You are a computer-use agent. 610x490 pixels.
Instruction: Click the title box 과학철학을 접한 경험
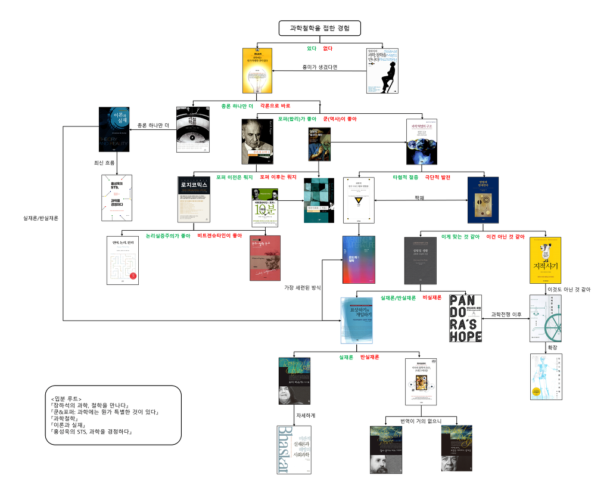click(319, 28)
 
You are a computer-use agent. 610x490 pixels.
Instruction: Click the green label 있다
click(311, 48)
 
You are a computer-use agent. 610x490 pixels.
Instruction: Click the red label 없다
click(328, 48)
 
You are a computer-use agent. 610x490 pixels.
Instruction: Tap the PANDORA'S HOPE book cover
click(465, 318)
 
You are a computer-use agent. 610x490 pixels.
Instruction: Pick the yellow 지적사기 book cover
click(545, 260)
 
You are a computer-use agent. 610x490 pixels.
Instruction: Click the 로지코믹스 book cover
click(194, 199)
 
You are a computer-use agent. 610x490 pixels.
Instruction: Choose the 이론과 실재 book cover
click(114, 129)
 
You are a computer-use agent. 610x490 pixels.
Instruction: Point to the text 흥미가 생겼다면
click(320, 67)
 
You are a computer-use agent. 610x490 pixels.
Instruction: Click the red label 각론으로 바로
click(275, 106)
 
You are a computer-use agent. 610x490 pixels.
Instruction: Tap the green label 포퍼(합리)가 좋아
click(297, 119)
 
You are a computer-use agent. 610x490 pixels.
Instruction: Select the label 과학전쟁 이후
click(506, 314)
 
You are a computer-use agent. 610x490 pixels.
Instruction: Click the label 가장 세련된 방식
click(303, 287)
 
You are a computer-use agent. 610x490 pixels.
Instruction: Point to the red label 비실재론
click(432, 297)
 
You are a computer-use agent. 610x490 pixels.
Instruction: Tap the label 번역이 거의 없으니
click(421, 421)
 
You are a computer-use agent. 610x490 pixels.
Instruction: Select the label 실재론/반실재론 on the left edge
click(41, 218)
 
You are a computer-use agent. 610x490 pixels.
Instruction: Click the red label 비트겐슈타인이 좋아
click(220, 236)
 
